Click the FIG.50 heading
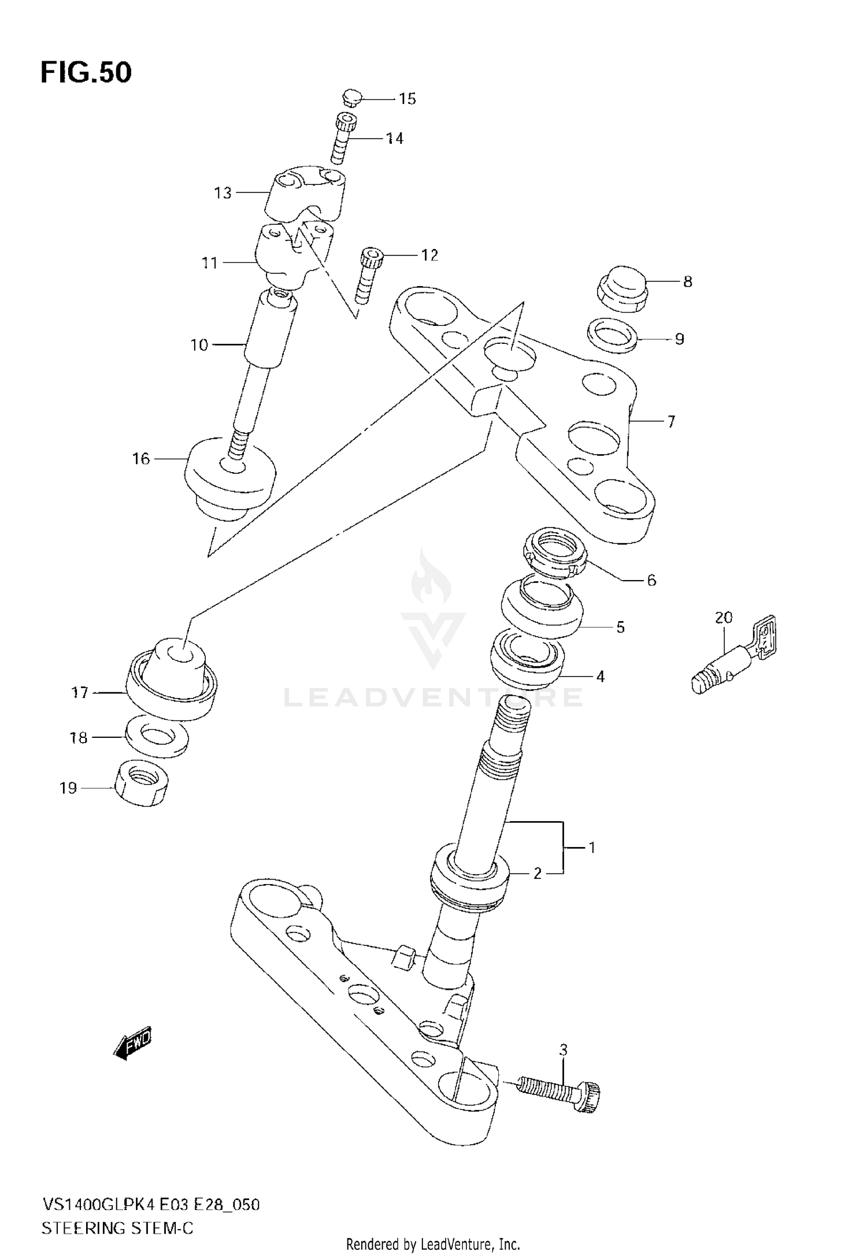tap(86, 73)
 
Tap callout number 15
tap(407, 99)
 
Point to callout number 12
tap(429, 255)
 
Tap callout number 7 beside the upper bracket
tap(670, 422)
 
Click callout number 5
tap(620, 627)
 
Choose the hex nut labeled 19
tap(142, 784)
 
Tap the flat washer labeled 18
tap(157, 737)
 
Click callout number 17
tap(80, 692)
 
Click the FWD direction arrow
tap(133, 1044)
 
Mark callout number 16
tap(141, 459)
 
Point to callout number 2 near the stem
tap(537, 874)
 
